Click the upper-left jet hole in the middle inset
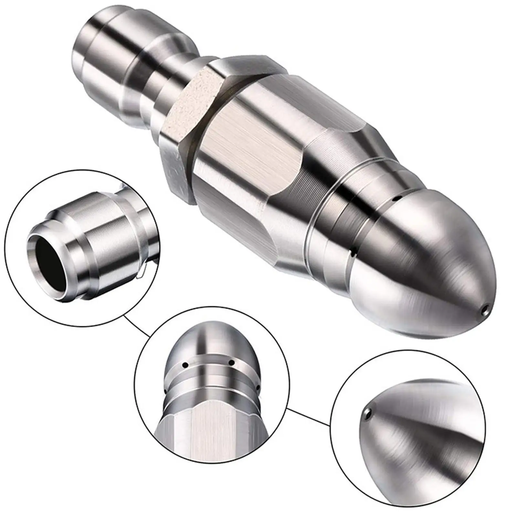pos(185,365)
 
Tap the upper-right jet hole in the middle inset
pos(231,363)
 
